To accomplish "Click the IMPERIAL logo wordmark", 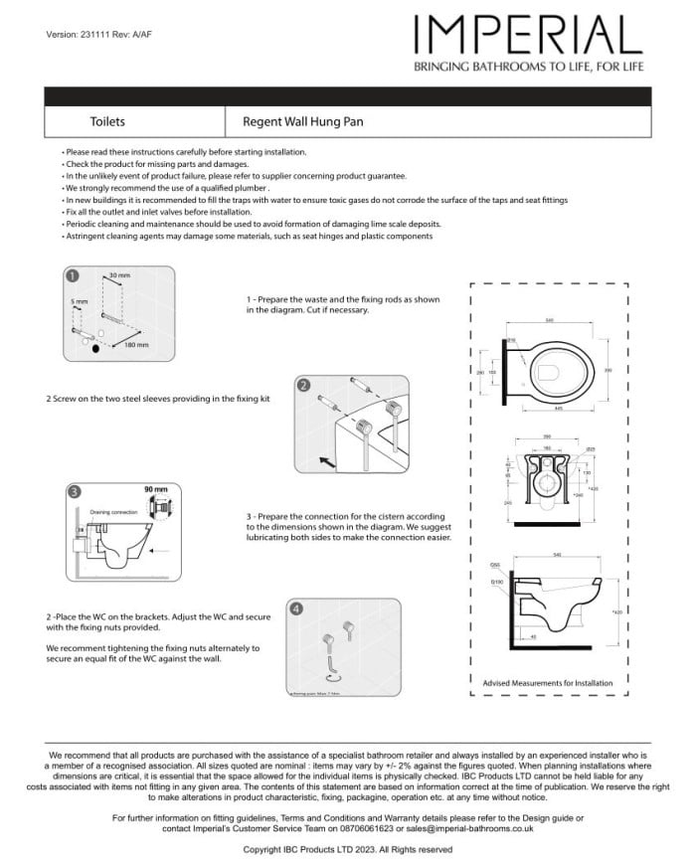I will point(528,36).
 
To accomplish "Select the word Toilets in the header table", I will point(107,121).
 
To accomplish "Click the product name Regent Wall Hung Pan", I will point(302,121).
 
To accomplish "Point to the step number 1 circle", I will point(73,276).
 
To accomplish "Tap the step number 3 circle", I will point(74,491).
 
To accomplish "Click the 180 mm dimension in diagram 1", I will point(136,345).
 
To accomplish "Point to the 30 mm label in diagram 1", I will point(119,274).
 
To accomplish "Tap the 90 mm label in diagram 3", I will point(156,490).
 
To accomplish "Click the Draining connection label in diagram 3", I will point(113,512).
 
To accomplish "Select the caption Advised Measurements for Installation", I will point(547,683).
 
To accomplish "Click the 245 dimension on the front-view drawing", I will point(508,503).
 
